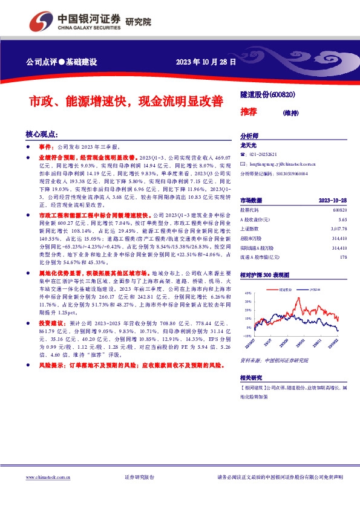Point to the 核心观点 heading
click(x=41, y=134)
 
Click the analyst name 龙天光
click(x=249, y=146)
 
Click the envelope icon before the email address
click(x=243, y=164)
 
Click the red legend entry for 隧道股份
click(x=285, y=290)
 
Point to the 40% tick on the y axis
click(x=248, y=293)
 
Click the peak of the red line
click(x=298, y=297)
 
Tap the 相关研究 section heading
click(x=252, y=377)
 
